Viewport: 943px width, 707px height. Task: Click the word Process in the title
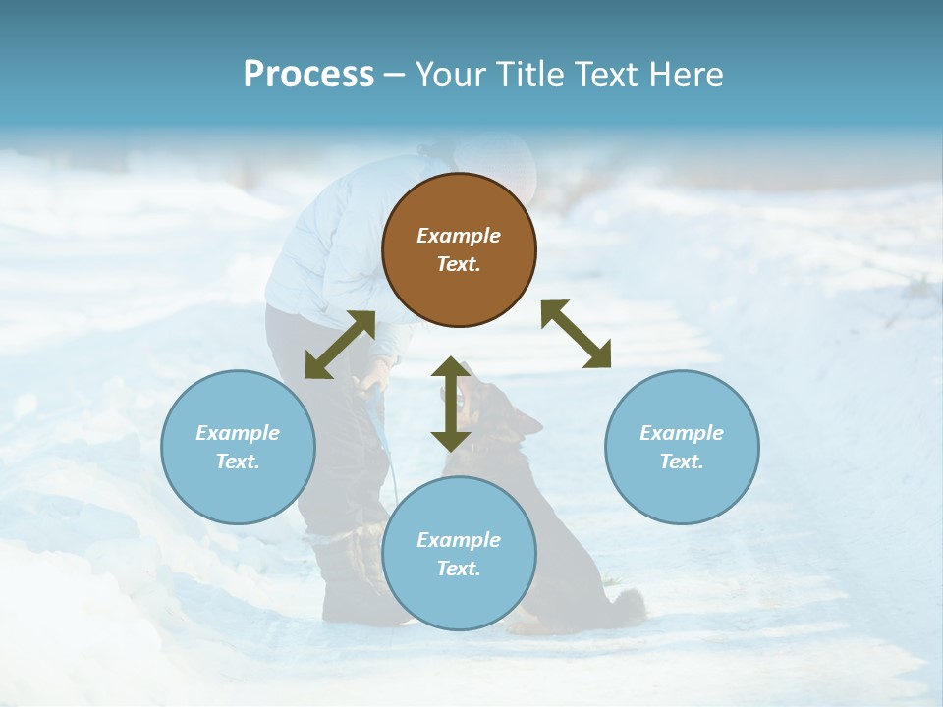(308, 75)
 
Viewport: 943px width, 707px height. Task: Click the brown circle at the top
(459, 249)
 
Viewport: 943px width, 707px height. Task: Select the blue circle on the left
(238, 447)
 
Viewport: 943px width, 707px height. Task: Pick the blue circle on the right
(682, 447)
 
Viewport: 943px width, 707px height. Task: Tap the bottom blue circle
(459, 554)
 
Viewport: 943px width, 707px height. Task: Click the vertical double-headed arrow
(451, 404)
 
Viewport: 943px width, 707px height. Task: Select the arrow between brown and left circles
(340, 345)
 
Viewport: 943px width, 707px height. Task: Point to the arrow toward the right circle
(577, 334)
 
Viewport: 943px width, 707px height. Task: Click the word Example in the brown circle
(459, 236)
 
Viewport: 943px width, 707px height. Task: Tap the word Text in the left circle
(237, 462)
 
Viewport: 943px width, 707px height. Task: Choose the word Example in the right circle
(682, 433)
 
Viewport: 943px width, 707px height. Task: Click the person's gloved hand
(375, 376)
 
